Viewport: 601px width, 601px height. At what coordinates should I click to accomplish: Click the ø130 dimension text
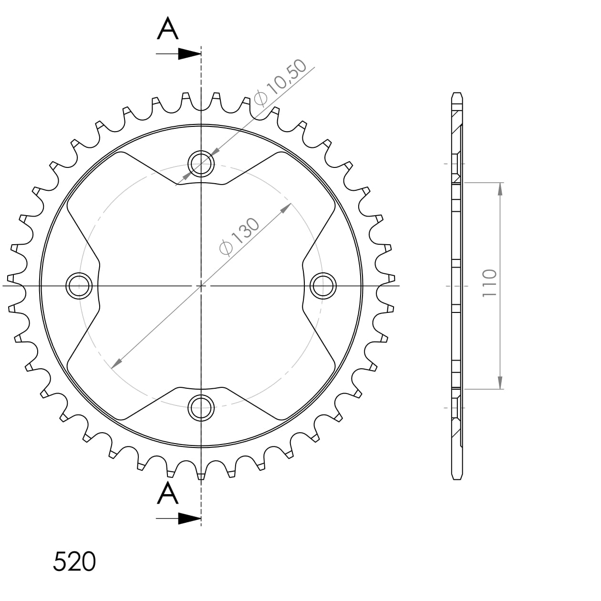click(239, 237)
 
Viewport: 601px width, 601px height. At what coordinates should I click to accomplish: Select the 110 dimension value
click(489, 283)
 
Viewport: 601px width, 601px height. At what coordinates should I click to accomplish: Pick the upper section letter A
click(168, 29)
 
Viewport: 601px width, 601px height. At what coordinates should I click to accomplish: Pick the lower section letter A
click(168, 493)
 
